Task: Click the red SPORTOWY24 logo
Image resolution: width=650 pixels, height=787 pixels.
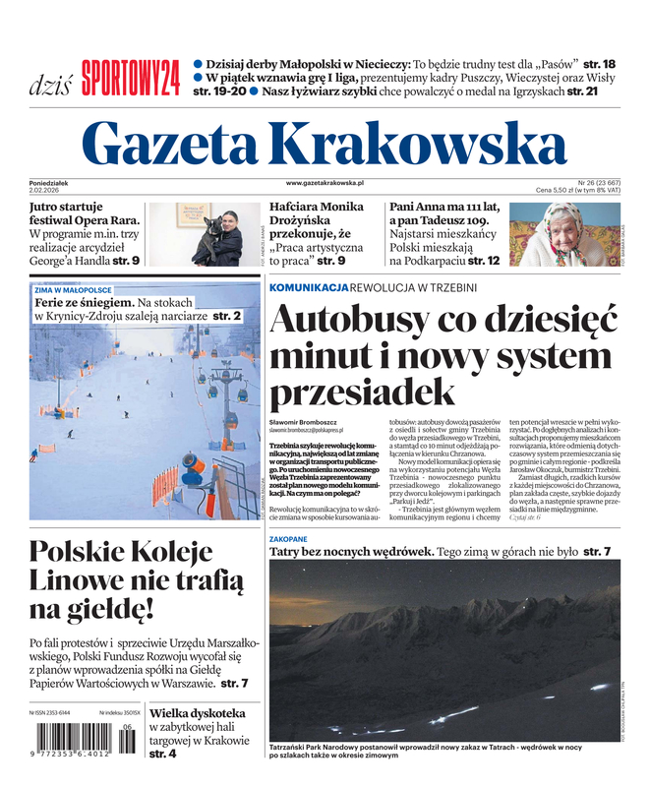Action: click(131, 77)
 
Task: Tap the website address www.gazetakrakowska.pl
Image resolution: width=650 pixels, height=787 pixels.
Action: click(325, 183)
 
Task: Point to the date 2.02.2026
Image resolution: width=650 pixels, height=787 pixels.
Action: click(47, 190)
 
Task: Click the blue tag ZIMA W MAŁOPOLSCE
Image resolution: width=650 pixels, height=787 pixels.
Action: click(74, 291)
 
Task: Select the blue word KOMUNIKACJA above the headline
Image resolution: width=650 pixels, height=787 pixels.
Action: click(308, 287)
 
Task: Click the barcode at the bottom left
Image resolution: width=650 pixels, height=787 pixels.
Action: click(83, 739)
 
